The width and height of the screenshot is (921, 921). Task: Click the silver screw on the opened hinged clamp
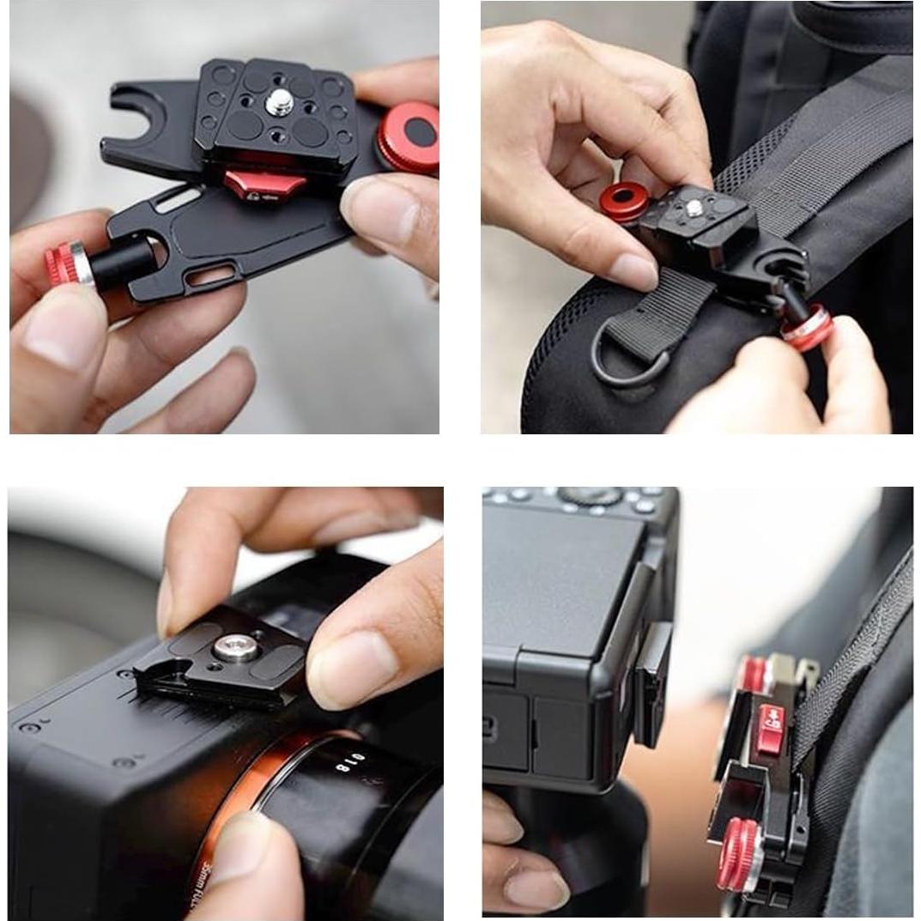pos(279,103)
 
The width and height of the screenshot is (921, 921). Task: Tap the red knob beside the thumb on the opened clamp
pos(410,136)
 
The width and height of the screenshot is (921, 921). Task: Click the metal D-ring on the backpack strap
pos(631,361)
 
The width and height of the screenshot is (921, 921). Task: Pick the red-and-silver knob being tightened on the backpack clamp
pos(807,328)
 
